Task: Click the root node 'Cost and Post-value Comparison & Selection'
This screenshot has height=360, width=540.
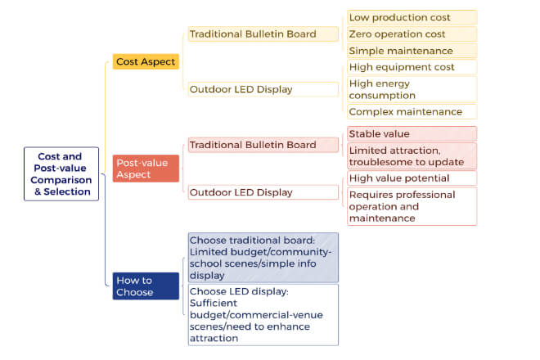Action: tap(61, 174)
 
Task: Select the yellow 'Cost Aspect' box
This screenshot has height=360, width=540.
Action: tap(146, 61)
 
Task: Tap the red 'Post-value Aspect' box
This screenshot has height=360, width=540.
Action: tap(146, 169)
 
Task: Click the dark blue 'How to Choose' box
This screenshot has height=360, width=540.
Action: tap(146, 286)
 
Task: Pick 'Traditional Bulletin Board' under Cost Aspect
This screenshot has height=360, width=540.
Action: tap(263, 34)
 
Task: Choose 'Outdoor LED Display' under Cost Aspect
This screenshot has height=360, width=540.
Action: tap(263, 89)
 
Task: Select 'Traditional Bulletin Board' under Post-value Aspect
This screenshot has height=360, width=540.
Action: tap(263, 145)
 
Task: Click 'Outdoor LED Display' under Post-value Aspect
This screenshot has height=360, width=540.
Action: tap(263, 192)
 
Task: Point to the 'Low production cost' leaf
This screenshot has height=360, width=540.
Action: tap(412, 17)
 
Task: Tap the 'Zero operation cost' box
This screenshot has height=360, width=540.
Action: tap(412, 34)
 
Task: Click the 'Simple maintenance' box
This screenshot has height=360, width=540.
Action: tap(412, 51)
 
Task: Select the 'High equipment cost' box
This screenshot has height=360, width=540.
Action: tap(412, 67)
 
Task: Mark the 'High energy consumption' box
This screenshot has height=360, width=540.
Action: tap(412, 89)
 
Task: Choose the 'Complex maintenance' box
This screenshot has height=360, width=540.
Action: tap(412, 111)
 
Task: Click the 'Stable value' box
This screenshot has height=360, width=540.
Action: tap(412, 133)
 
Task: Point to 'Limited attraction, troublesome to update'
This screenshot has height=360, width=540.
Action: tap(412, 156)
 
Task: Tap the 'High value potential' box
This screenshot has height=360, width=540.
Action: tap(412, 178)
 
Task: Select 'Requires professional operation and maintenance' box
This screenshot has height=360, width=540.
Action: tap(412, 206)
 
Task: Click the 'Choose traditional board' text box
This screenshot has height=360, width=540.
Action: tap(263, 258)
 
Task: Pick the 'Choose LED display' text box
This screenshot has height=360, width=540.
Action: tap(263, 315)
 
